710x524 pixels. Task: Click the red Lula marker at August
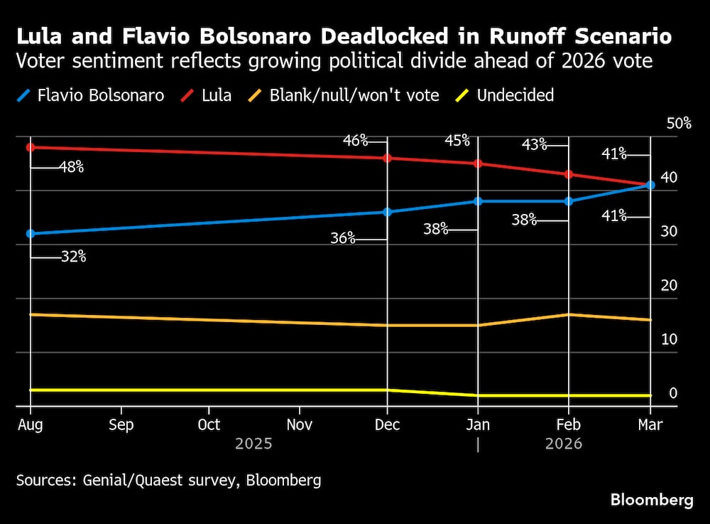[x=31, y=147]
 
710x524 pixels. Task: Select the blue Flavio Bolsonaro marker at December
[x=387, y=212]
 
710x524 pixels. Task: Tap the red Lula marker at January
[x=478, y=164]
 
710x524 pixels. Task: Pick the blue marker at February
[x=568, y=201]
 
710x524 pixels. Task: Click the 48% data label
[x=71, y=168]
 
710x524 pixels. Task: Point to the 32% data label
[x=73, y=257]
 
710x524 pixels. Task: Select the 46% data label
[x=355, y=140]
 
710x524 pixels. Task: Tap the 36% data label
[x=343, y=239]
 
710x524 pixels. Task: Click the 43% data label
[x=534, y=145]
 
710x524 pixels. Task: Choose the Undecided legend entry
[x=515, y=95]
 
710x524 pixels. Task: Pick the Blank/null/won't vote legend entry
[x=354, y=95]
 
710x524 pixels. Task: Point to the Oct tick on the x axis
[x=209, y=425]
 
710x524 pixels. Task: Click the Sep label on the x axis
[x=121, y=425]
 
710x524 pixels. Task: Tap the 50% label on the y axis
[x=678, y=124]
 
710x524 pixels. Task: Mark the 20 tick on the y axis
[x=669, y=286]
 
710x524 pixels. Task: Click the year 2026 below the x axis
[x=563, y=444]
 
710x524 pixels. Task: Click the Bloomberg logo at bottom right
[x=652, y=501]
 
